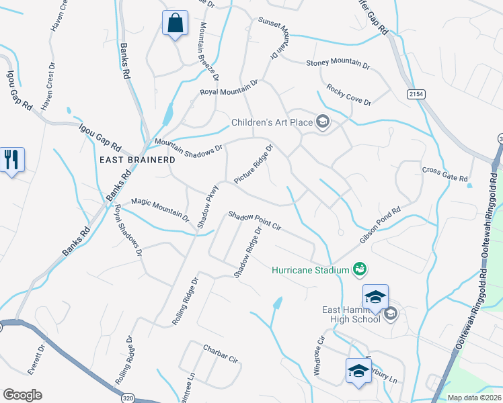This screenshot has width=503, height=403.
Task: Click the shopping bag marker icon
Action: point(175,24)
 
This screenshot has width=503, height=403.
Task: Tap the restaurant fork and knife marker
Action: point(12,160)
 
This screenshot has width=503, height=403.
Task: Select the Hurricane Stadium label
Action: point(310,270)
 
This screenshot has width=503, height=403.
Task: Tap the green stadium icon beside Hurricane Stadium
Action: point(360,269)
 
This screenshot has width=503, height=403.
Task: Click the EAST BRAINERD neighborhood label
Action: point(137,160)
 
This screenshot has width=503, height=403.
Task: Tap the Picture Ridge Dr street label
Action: point(254,164)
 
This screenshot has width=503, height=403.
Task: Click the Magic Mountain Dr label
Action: point(160,209)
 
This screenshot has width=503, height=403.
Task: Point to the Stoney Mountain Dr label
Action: point(338,64)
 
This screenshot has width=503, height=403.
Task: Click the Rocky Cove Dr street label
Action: point(348,94)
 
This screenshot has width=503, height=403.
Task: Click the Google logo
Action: point(22,395)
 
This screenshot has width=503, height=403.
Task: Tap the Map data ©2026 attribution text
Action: point(473,398)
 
